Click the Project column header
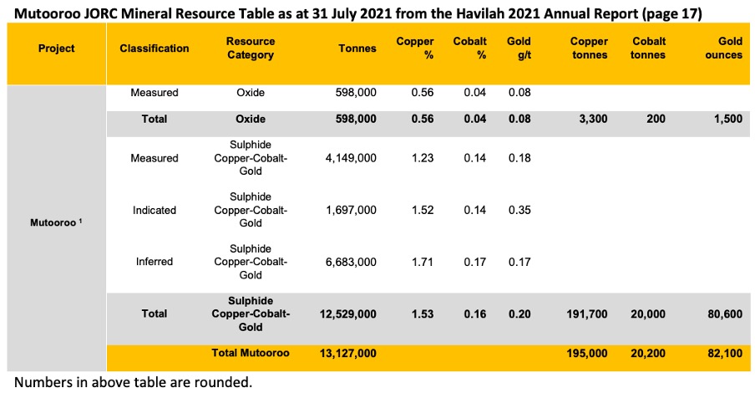tap(56, 48)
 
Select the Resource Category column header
tap(251, 48)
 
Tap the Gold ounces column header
tap(724, 48)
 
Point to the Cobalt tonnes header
tap(647, 48)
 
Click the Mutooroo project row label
tap(56, 222)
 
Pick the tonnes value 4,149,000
tap(351, 158)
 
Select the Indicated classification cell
tap(154, 210)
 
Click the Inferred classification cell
tap(154, 262)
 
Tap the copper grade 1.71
tap(423, 262)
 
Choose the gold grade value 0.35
tap(519, 210)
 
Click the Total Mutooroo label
tap(251, 353)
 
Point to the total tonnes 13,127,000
tap(348, 354)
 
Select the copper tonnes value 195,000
tap(587, 354)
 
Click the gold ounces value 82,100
tap(725, 354)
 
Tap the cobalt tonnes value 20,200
tap(648, 354)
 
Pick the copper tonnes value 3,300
tap(593, 119)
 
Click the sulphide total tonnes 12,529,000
tap(348, 314)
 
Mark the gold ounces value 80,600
tap(725, 314)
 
